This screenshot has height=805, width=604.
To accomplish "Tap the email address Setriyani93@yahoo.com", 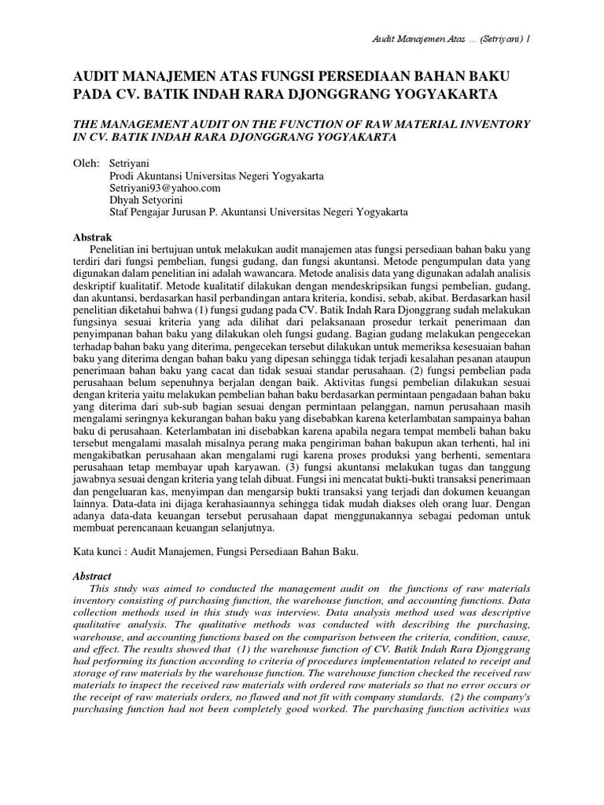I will tap(165, 188).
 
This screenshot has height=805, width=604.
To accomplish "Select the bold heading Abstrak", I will tap(93, 237).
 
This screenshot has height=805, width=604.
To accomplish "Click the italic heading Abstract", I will tap(92, 576).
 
